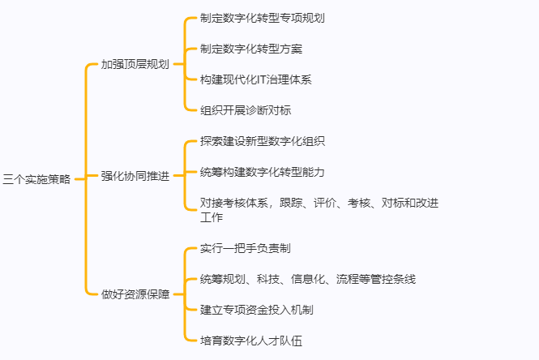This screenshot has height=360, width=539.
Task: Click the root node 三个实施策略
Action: pyautogui.click(x=36, y=179)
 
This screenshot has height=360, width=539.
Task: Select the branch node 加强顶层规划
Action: pyautogui.click(x=135, y=64)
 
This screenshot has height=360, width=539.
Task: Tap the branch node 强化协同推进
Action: pyautogui.click(x=135, y=176)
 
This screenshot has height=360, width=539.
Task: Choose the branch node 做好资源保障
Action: pyautogui.click(x=135, y=294)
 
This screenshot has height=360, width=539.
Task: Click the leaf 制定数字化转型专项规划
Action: pyautogui.click(x=263, y=18)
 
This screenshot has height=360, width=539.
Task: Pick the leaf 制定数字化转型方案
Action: pyautogui.click(x=251, y=49)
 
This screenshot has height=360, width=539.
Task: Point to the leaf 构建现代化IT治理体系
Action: pyautogui.click(x=256, y=79)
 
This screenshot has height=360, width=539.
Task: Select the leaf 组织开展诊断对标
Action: pyautogui.click(x=246, y=110)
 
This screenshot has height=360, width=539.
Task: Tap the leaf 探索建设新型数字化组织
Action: pyautogui.click(x=263, y=141)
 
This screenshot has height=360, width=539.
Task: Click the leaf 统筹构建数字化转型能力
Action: pyautogui.click(x=263, y=172)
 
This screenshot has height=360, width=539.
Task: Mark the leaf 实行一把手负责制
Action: pyautogui.click(x=246, y=248)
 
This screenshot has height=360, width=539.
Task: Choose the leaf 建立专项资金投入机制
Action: pyautogui.click(x=256, y=310)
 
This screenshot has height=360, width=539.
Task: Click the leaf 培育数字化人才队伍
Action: pyautogui.click(x=251, y=341)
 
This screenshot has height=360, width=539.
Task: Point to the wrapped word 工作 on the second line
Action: pyautogui.click(x=212, y=217)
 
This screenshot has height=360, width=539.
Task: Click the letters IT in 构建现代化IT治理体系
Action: pyautogui.click(x=261, y=79)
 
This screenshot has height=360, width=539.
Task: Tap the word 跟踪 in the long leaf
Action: pyautogui.click(x=291, y=203)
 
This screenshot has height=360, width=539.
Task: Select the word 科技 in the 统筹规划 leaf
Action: pyautogui.click(x=268, y=279)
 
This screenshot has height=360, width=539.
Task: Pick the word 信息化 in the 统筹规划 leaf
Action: pyautogui.click(x=308, y=279)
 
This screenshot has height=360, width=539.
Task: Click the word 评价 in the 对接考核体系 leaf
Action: pyautogui.click(x=325, y=203)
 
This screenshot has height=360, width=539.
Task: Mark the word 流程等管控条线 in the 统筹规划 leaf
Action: pyautogui.click(x=376, y=279)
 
